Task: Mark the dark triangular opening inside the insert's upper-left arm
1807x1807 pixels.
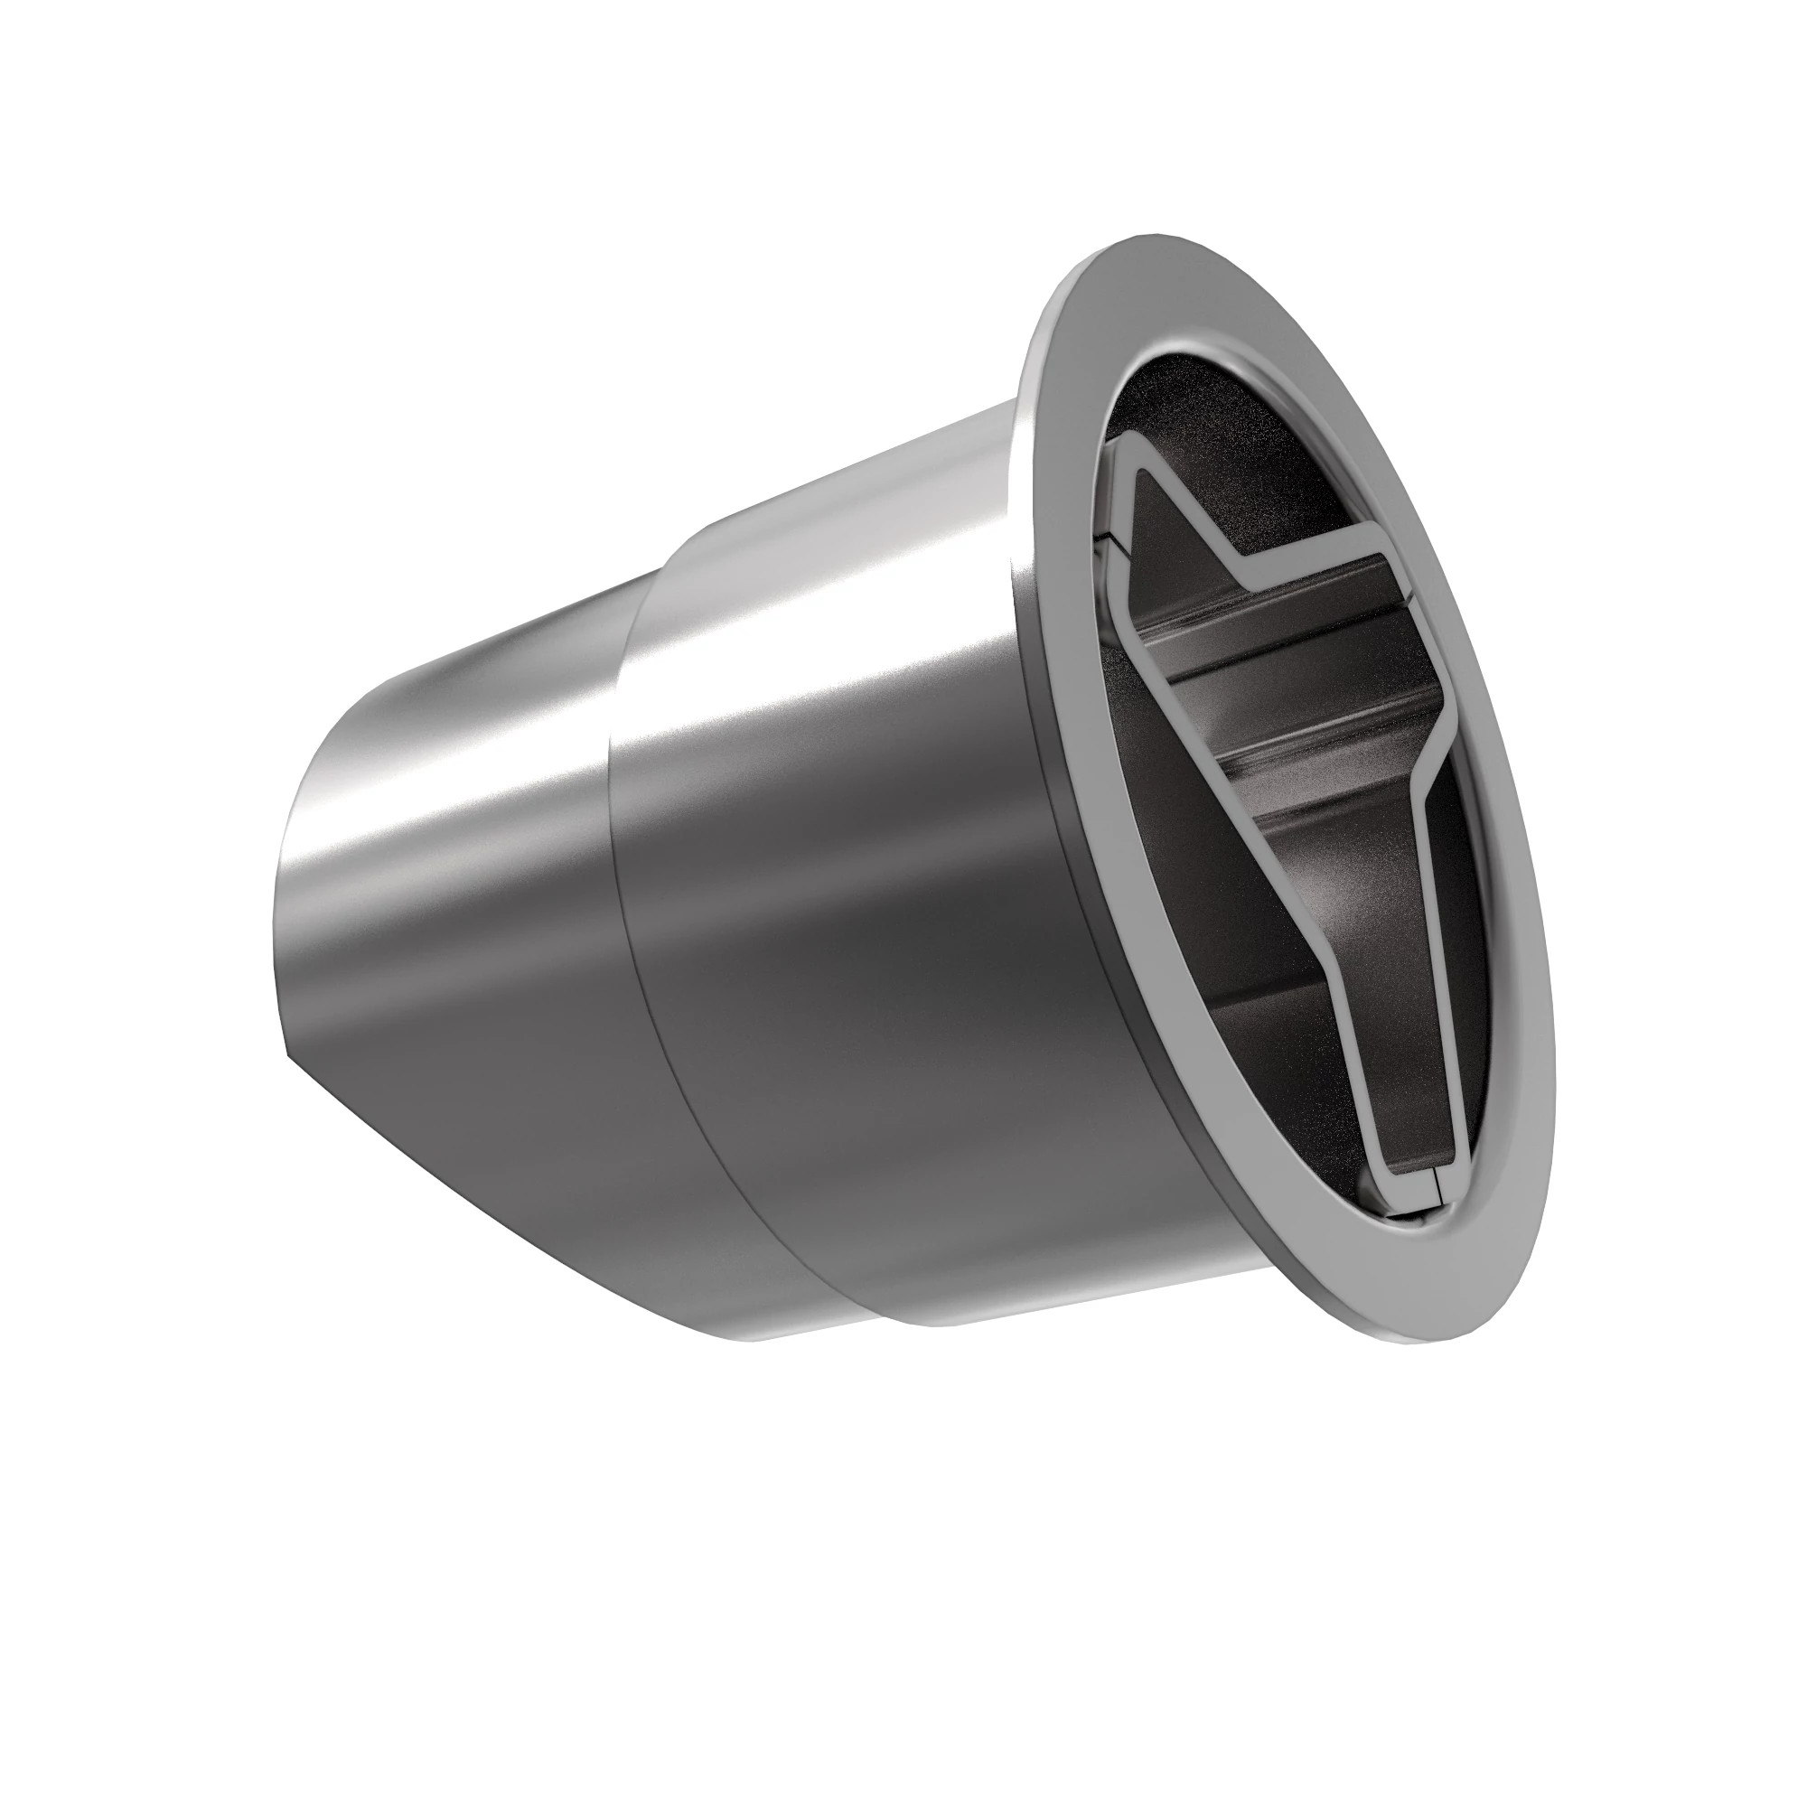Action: (x=1169, y=542)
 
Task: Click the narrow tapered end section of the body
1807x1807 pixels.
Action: (x=449, y=888)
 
